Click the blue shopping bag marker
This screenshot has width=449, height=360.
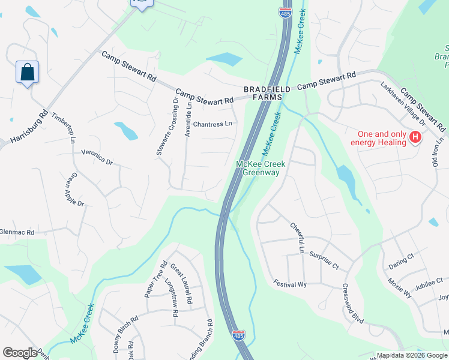[x=27, y=73]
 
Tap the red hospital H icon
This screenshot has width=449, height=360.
[x=414, y=139]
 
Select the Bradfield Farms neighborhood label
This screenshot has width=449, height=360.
[x=267, y=93]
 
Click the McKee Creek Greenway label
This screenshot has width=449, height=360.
[x=261, y=168]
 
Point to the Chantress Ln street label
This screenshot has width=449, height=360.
[x=212, y=124]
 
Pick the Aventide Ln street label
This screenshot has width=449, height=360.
[x=188, y=119]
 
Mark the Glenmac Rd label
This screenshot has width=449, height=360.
[x=17, y=232]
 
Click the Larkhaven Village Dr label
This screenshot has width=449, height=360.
[x=403, y=104]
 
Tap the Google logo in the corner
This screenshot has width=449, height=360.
[x=20, y=353]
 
